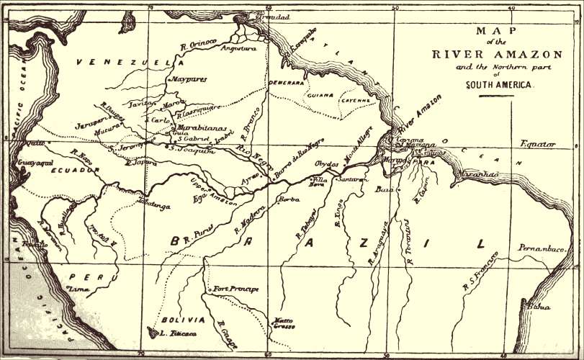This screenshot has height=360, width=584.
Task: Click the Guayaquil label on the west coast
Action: pos(27,163)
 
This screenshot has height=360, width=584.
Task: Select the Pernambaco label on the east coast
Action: pos(542,248)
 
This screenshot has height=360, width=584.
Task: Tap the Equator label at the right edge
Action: pos(538,144)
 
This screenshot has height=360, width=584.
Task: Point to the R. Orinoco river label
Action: pos(199,45)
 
